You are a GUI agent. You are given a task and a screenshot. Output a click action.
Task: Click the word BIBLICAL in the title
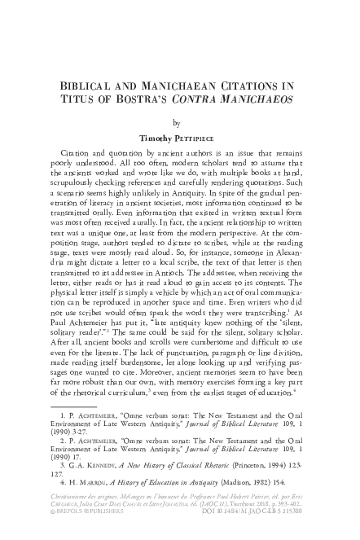81,86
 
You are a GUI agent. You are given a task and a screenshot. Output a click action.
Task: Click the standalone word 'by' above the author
180,125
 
